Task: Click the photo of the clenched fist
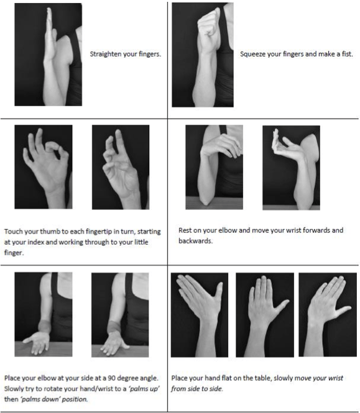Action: pyautogui.click(x=203, y=55)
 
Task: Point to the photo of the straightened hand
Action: pyautogui.click(x=48, y=55)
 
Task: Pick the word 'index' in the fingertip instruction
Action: pyautogui.click(x=35, y=242)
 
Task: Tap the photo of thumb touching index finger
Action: pyautogui.click(x=44, y=167)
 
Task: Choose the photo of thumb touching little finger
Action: pyautogui.click(x=121, y=167)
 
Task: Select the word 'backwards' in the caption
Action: pyautogui.click(x=195, y=241)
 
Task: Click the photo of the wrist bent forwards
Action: pyautogui.click(x=214, y=167)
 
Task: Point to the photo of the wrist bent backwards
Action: pyautogui.click(x=291, y=168)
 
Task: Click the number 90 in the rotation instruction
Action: pyautogui.click(x=111, y=378)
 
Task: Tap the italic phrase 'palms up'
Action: pyautogui.click(x=144, y=389)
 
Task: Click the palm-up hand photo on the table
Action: pyautogui.click(x=44, y=314)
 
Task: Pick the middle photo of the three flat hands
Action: pyautogui.click(x=265, y=315)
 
